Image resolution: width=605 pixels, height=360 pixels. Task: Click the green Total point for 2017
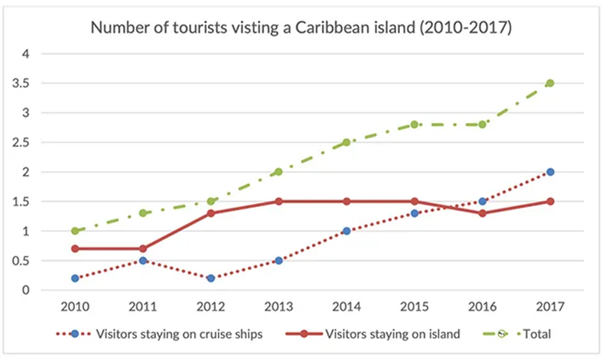[549, 83]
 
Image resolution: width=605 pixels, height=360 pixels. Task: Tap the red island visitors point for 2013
[279, 202]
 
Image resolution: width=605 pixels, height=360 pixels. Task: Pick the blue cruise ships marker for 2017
[549, 172]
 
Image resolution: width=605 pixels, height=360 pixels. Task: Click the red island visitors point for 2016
[482, 213]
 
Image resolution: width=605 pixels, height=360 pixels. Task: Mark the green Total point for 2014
[346, 142]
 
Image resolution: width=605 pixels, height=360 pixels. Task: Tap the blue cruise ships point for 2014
[346, 231]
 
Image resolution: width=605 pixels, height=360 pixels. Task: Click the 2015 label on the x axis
[415, 306]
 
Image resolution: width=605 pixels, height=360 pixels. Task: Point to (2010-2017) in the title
[466, 29]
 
